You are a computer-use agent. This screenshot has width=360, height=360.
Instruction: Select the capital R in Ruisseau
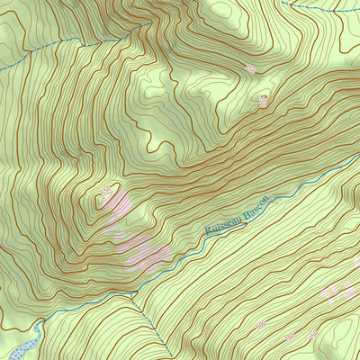[209, 230]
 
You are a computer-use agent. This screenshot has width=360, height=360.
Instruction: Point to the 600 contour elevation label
[260, 323]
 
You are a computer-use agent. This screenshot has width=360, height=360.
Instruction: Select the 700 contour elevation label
[313, 333]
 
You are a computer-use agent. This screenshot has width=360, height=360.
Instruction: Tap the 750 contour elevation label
[289, 336]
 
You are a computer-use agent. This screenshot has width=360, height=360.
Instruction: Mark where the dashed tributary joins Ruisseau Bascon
[133, 294]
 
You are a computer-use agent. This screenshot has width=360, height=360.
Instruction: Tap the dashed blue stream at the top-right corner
[324, 8]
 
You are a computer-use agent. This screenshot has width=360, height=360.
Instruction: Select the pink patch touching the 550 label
[117, 209]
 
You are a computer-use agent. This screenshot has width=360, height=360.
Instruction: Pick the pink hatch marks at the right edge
[342, 290]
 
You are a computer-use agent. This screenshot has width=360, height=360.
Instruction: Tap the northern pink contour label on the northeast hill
[250, 68]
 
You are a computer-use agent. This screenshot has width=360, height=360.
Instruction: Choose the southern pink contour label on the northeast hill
[263, 101]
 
